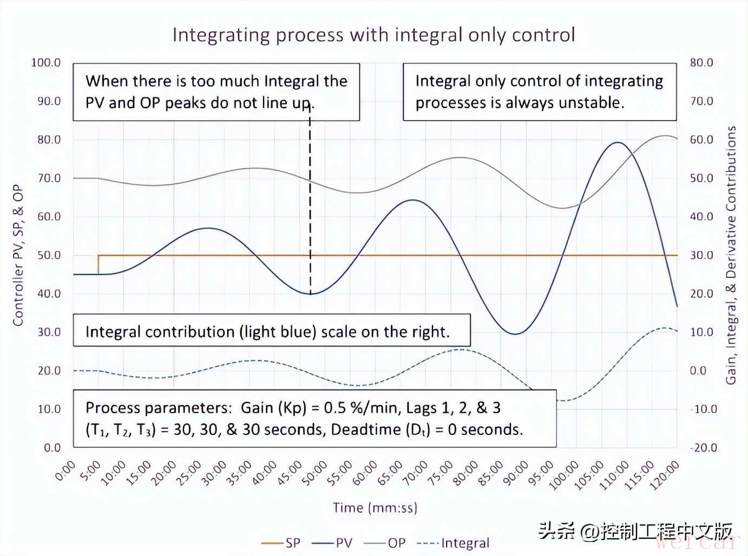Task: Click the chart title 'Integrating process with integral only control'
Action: pos(373,35)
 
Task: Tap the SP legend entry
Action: pos(281,543)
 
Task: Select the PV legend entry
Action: pos(332,543)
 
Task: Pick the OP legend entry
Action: pos(384,543)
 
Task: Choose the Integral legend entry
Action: pos(453,543)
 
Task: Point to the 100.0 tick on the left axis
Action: pos(46,63)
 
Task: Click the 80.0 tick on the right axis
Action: pos(701,63)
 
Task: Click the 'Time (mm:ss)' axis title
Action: pos(375,507)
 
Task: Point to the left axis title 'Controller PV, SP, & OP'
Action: pos(18,255)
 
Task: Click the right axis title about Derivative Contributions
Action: pos(731,255)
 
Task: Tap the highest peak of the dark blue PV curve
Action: pos(618,143)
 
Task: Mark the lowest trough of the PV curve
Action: pos(515,334)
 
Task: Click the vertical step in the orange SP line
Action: pos(98,265)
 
